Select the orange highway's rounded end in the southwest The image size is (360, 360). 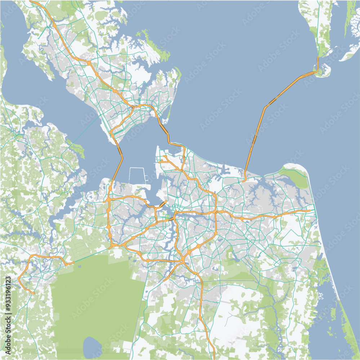[34, 293]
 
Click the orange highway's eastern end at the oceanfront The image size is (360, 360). [310, 211]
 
